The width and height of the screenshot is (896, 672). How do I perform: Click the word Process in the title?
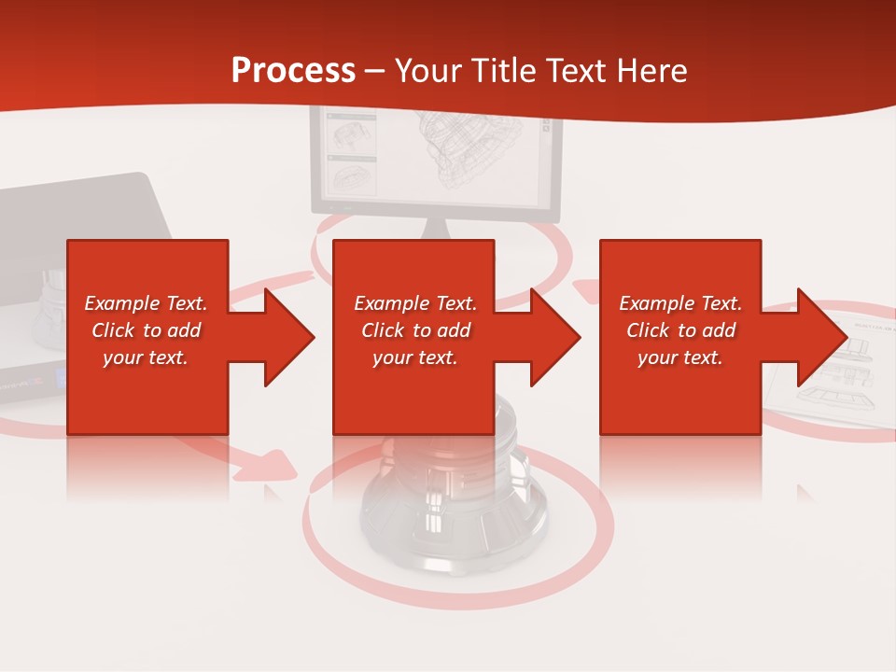pyautogui.click(x=293, y=70)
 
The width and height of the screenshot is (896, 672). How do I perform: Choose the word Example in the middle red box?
pyautogui.click(x=387, y=303)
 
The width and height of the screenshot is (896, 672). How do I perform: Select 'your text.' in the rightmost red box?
pyautogui.click(x=679, y=357)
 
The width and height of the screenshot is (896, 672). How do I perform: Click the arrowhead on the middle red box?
pyautogui.click(x=555, y=337)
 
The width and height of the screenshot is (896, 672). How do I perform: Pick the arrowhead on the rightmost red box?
pyautogui.click(x=821, y=337)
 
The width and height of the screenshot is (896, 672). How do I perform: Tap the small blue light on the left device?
pyautogui.click(x=58, y=378)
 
